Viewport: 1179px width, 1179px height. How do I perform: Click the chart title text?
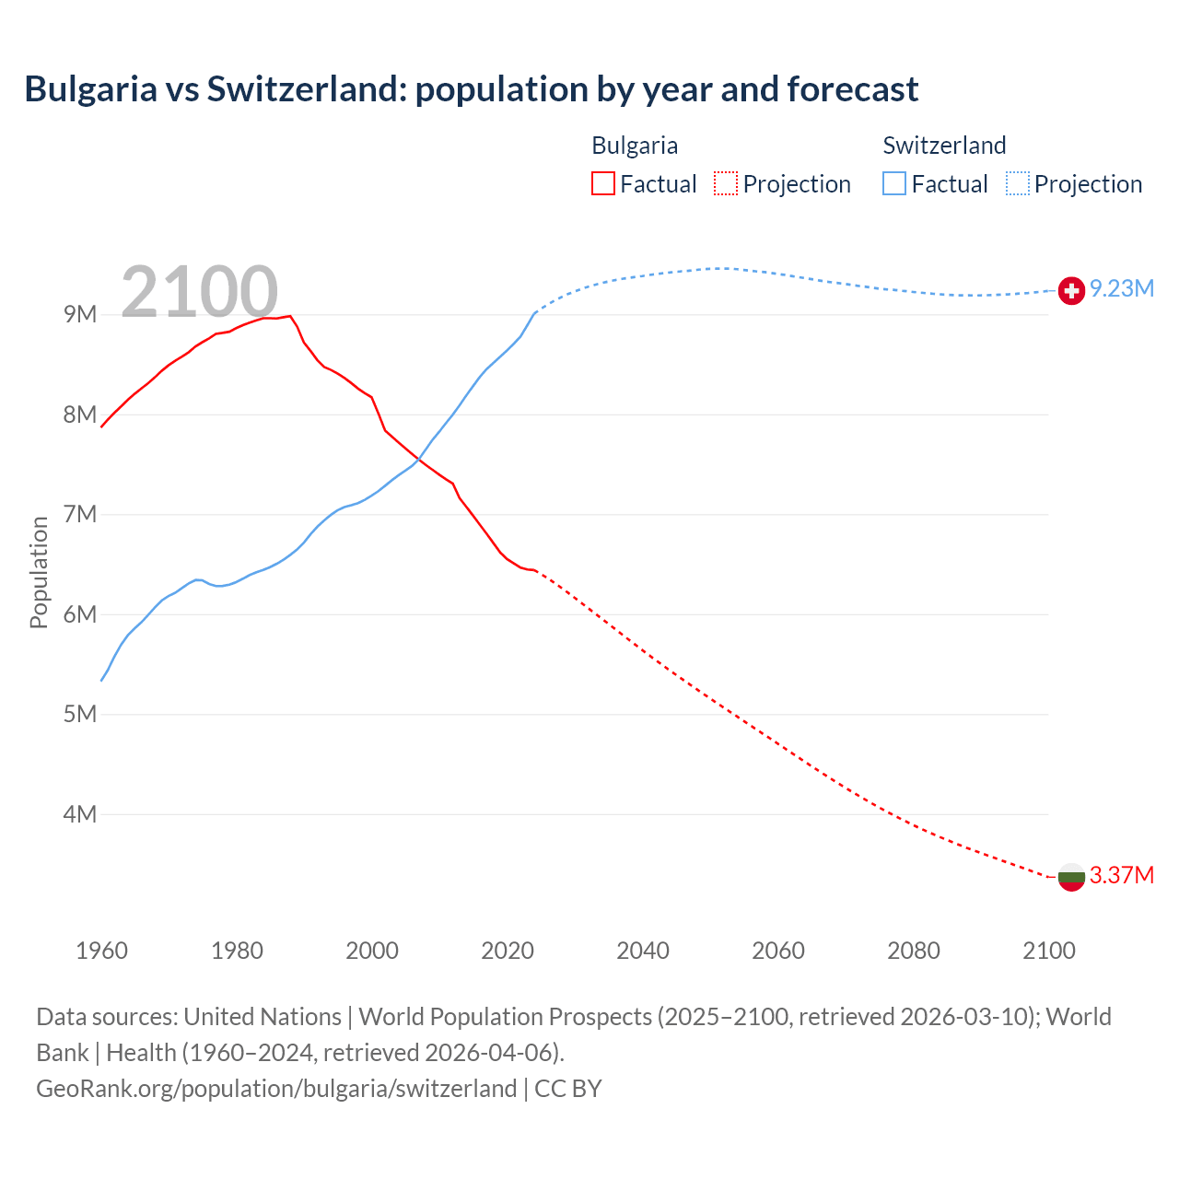(471, 89)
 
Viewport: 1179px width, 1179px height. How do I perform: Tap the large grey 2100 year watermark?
(199, 292)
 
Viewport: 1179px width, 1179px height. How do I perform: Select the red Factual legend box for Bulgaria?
(602, 183)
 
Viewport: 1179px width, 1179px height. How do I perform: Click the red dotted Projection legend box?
(726, 183)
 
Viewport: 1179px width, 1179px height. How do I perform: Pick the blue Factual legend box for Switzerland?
(894, 183)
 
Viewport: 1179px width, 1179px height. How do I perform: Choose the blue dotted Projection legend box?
(1017, 183)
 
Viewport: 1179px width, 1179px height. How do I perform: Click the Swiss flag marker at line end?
(1070, 290)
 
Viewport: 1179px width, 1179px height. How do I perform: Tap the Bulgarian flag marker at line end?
(1070, 877)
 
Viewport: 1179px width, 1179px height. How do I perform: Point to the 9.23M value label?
(1122, 289)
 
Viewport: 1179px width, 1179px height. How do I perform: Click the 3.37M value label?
(1122, 875)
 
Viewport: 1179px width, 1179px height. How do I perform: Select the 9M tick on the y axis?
(80, 315)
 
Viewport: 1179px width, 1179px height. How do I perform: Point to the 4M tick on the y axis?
(80, 814)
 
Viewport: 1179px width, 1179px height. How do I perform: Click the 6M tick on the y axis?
(80, 614)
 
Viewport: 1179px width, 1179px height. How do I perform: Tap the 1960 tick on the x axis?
(101, 951)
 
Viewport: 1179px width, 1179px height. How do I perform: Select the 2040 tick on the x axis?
(643, 951)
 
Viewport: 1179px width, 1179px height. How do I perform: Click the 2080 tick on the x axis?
(914, 951)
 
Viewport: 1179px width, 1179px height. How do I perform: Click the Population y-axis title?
(39, 572)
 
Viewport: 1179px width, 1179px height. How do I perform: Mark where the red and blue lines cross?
(420, 459)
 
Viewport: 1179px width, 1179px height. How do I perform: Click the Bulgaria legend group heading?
(635, 146)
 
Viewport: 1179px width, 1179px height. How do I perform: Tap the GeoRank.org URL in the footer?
(276, 1089)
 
